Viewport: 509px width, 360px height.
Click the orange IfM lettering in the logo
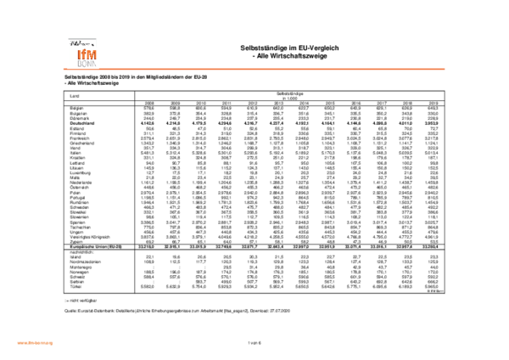87,54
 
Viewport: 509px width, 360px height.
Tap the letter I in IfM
79,54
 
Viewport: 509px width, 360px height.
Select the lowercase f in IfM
83,54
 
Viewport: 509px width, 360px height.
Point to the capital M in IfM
92,54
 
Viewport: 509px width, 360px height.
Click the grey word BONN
87,64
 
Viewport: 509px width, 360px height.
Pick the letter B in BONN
80,64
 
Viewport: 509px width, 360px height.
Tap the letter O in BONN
84,64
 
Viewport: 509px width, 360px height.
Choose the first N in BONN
89,64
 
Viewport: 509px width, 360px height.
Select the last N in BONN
94,64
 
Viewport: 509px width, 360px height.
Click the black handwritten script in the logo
80,43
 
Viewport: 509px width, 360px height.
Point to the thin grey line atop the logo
83,39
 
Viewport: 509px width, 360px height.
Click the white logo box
83,51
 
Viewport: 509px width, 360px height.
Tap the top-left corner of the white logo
66,37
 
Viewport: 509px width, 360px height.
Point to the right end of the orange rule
445,69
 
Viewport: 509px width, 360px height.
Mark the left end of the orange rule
64,69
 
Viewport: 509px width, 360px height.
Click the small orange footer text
35,343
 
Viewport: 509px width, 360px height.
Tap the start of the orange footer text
17,343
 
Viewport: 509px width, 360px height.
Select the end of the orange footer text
53,343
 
